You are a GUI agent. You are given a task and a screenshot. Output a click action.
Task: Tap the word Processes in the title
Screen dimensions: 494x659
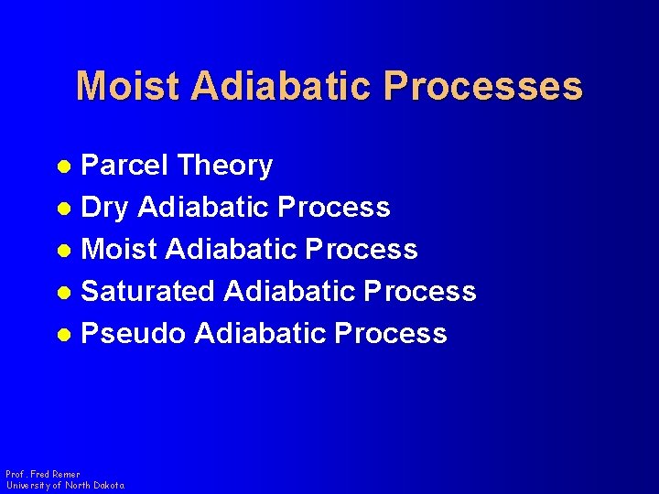(484, 86)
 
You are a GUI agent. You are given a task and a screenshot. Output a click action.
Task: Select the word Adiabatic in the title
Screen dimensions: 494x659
(282, 86)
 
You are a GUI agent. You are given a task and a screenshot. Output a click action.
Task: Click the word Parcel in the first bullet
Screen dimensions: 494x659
(125, 166)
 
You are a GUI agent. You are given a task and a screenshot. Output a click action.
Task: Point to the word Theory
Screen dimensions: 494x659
(225, 166)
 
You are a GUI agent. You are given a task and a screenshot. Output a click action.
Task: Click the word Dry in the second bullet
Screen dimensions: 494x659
(105, 209)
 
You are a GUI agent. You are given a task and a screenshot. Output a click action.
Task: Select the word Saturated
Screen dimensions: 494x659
(148, 292)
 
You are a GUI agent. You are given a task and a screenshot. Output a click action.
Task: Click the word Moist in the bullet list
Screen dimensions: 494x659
(118, 250)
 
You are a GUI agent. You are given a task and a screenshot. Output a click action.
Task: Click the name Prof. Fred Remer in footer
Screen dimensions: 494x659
(42, 475)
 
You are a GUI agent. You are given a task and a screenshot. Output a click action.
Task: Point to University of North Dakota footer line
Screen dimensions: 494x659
(64, 486)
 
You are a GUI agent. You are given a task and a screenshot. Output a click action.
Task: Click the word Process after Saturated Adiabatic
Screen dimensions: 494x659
(420, 292)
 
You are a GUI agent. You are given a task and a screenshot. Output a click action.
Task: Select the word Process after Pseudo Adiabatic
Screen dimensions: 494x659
(391, 334)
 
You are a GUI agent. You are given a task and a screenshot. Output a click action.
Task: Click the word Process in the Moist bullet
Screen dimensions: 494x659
(362, 250)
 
